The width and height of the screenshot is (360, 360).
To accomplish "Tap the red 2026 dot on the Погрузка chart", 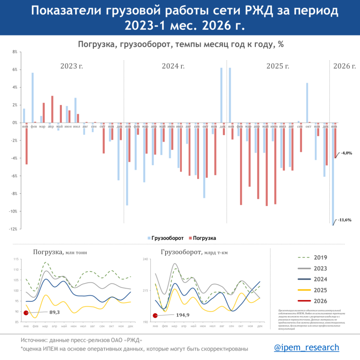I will [x=26, y=313].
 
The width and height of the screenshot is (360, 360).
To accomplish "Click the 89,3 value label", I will [x=54, y=312].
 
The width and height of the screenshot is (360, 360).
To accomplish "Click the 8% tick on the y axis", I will [x=15, y=52].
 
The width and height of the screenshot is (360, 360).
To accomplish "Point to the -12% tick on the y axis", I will [x=14, y=229].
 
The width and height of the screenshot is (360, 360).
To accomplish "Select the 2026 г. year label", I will [x=345, y=66].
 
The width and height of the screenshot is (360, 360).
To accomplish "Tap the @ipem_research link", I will [x=306, y=347].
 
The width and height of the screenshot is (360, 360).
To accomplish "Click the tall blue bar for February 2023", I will [x=33, y=98].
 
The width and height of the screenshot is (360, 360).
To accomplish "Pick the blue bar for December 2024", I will [x=221, y=95].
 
